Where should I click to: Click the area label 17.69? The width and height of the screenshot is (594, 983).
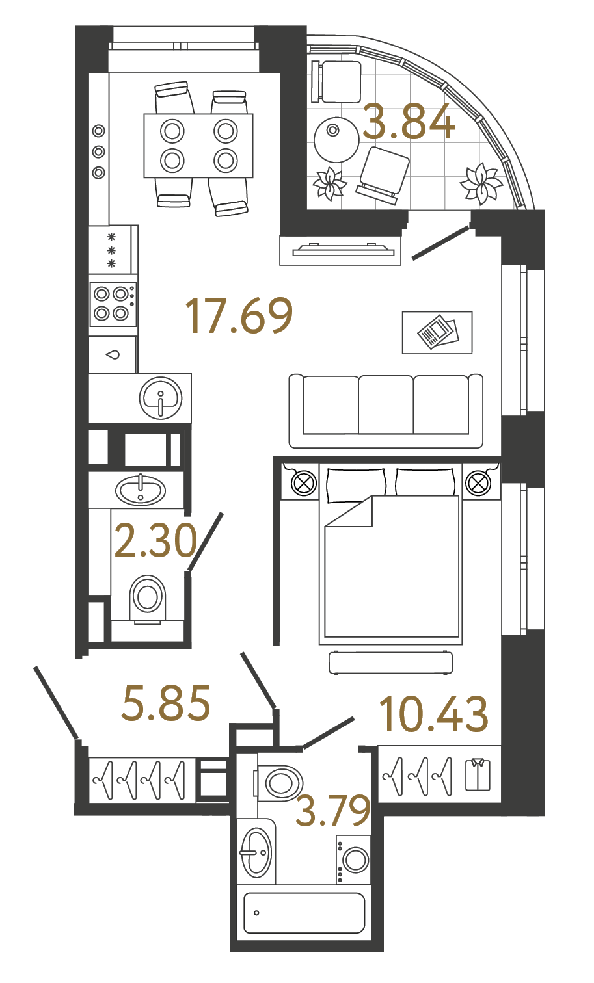coord(239,317)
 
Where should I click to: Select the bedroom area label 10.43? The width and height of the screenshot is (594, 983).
coord(433,714)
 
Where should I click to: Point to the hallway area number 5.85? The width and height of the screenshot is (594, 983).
coord(167,703)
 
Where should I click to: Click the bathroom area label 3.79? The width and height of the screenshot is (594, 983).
coord(333,811)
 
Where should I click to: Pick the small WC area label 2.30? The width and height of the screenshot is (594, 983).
coord(155,541)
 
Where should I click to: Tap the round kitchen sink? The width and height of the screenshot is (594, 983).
coord(160,397)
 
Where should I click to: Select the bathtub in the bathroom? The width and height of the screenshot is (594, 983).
coord(304,913)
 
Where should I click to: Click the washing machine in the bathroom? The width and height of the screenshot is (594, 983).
coord(355,860)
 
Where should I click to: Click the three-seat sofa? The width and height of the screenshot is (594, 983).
coord(386,411)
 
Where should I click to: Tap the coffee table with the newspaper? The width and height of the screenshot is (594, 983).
coord(437,332)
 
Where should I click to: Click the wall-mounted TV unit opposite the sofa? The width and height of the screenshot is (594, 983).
coord(340,250)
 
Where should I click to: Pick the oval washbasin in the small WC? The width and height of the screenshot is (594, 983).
coord(141,490)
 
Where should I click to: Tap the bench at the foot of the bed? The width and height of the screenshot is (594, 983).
coord(390,662)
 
